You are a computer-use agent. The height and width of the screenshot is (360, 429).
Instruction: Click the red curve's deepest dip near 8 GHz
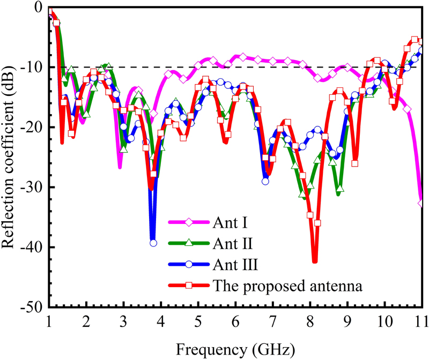pos(314,261)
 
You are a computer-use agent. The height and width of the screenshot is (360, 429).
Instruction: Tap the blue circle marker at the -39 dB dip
pos(153,243)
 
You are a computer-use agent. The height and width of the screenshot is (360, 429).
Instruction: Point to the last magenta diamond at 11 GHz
pos(421,202)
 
